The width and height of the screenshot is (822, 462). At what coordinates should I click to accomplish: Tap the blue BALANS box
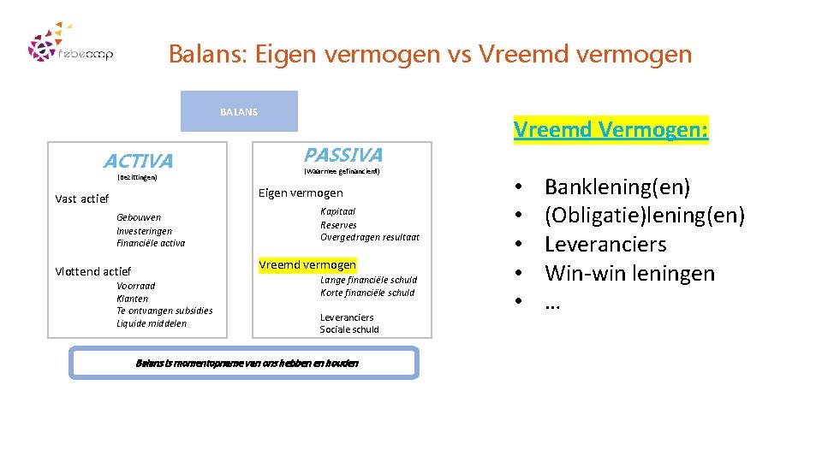coord(239,111)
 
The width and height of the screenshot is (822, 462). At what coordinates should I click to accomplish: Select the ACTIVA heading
coord(138,161)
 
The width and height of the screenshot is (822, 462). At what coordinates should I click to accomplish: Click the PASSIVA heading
coord(342,155)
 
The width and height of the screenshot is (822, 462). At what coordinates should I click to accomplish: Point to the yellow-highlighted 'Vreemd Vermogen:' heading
coord(611,130)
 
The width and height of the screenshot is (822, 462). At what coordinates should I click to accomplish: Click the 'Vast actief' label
coord(82,199)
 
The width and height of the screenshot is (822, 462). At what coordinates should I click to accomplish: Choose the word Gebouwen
coord(139,217)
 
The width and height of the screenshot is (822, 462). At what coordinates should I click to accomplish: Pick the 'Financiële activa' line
coord(151,243)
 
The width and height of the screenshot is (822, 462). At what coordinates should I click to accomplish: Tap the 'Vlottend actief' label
coord(93,271)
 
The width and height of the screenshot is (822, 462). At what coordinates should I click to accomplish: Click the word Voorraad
coord(136,286)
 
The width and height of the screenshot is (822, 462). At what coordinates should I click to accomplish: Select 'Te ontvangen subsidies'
coord(164,311)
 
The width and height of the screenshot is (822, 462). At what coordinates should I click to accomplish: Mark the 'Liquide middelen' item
coord(152,323)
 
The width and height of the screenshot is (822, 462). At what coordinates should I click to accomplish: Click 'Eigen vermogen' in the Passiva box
coord(301,193)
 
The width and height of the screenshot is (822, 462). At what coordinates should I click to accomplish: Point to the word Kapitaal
coord(337,211)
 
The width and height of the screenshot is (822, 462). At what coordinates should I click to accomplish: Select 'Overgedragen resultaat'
coord(370,237)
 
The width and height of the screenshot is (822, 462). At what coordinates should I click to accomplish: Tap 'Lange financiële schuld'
coord(368,280)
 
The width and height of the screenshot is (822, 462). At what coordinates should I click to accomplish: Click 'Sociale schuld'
coord(349,329)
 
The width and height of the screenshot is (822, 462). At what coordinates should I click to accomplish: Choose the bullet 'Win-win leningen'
coord(629,274)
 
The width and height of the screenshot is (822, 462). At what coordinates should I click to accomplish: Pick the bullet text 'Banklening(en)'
coord(617,187)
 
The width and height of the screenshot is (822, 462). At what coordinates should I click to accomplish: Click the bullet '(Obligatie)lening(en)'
coord(645,215)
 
